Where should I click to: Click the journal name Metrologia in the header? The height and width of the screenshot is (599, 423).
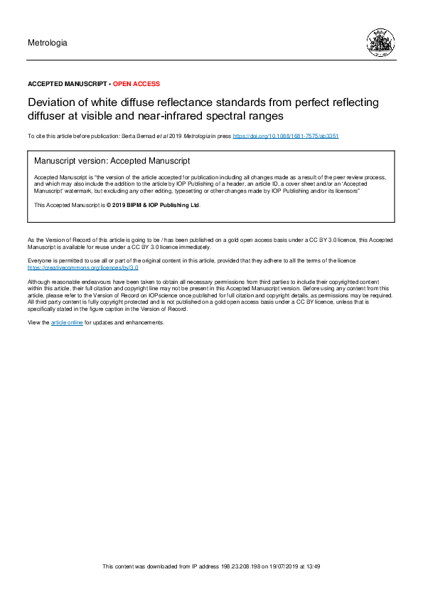pyautogui.click(x=47, y=43)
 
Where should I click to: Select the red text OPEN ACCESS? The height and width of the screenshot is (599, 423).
pyautogui.click(x=136, y=84)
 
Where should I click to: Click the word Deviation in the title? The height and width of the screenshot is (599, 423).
pyautogui.click(x=50, y=102)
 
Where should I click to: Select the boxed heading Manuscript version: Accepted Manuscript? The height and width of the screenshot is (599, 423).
pyautogui.click(x=112, y=161)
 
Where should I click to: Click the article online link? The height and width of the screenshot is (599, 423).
pyautogui.click(x=67, y=322)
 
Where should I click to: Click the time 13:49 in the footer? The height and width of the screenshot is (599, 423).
pyautogui.click(x=313, y=566)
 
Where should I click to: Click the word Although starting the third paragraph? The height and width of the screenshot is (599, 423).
pyautogui.click(x=40, y=282)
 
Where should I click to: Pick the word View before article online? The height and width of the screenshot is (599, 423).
pyautogui.click(x=34, y=322)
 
